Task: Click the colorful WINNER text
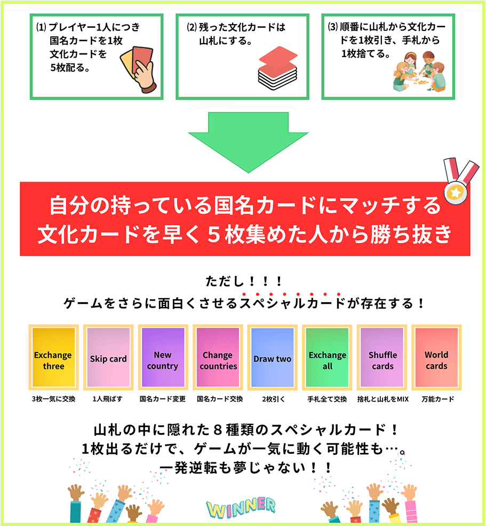point(241,507)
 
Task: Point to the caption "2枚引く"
point(272,398)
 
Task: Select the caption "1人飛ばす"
point(108,398)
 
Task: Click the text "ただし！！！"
point(243,281)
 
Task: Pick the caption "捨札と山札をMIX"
point(383,398)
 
